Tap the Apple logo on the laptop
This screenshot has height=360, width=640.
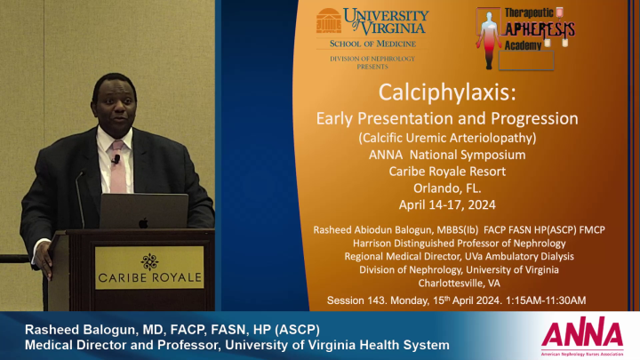143,222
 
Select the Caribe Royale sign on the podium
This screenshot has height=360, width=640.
149,268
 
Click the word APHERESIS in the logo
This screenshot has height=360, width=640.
540,29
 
